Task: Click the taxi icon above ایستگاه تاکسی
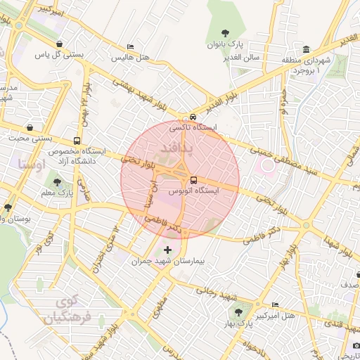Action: click(192, 117)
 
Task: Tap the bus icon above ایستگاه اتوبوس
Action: click(193, 179)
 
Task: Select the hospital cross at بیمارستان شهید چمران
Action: click(167, 250)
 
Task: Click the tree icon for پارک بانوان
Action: click(224, 32)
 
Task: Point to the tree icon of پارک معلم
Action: click(58, 183)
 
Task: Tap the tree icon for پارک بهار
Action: click(238, 311)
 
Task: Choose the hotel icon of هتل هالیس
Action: click(130, 46)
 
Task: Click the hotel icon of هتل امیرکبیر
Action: click(274, 304)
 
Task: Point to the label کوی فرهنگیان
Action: click(67, 309)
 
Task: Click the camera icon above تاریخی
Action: click(356, 345)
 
